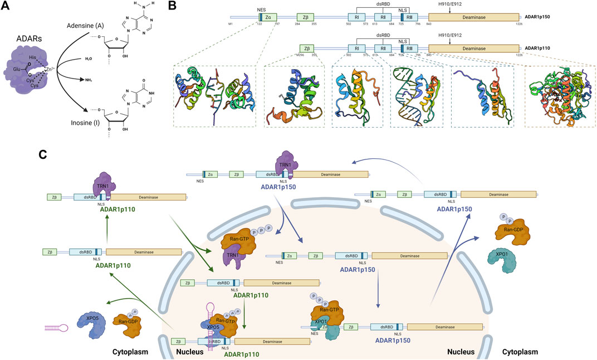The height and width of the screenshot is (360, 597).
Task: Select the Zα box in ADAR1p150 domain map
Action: pos(268,17)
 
